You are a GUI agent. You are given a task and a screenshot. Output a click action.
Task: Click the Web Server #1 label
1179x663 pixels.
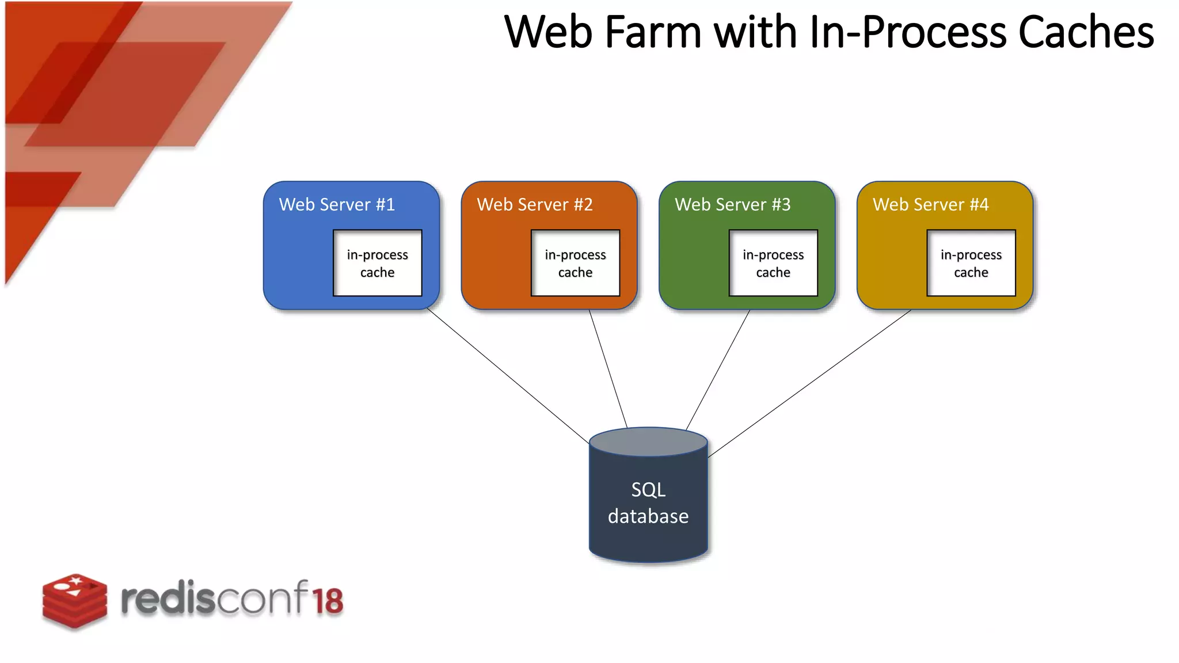pos(337,204)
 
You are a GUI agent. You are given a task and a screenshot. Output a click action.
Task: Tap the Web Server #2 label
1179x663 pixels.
pos(535,204)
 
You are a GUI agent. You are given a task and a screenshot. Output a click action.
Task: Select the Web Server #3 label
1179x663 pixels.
pos(732,204)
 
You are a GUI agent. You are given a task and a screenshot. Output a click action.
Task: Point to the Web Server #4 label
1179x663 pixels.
pos(930,204)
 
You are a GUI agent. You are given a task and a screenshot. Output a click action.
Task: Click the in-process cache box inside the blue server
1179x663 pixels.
pos(377,263)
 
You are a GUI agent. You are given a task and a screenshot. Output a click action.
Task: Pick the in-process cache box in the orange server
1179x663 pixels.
pos(575,263)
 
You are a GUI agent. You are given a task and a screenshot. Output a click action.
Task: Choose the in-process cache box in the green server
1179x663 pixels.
pos(773,263)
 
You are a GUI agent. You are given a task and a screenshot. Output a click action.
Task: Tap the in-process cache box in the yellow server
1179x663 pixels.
pos(971,263)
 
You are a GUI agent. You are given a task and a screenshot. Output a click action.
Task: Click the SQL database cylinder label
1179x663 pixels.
pos(648,503)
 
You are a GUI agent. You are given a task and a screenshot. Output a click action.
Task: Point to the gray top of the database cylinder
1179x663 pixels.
pos(648,442)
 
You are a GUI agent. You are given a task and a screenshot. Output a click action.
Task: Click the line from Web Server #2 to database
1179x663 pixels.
pos(608,368)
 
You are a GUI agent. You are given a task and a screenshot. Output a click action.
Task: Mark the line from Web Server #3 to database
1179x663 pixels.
pos(718,370)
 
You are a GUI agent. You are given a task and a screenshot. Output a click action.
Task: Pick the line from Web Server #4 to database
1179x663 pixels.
pos(809,384)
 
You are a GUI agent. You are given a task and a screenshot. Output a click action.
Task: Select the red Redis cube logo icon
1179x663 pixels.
pos(75,600)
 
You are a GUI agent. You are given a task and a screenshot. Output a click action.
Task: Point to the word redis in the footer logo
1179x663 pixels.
pos(168,599)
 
